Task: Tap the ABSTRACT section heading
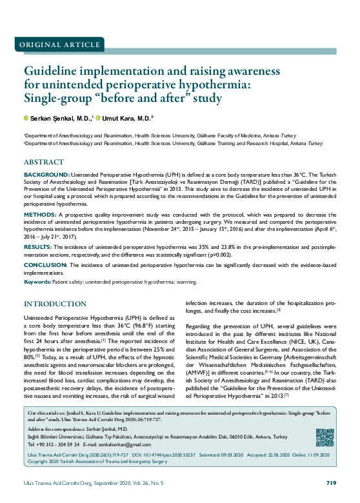click(44, 162)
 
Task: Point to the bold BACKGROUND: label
click(46, 175)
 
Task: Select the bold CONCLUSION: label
click(46, 265)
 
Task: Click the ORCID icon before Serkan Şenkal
click(26, 119)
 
